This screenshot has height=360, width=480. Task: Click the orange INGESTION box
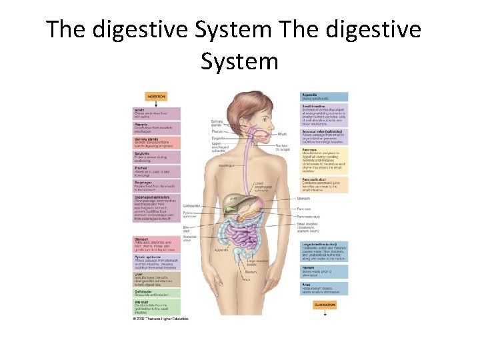pos(157,97)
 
